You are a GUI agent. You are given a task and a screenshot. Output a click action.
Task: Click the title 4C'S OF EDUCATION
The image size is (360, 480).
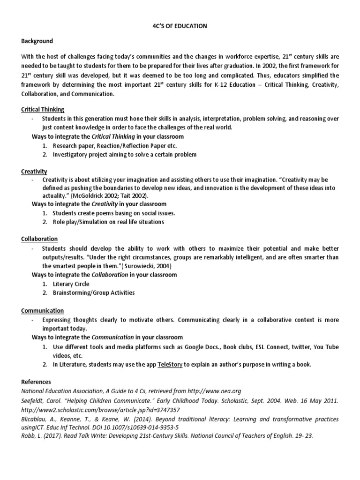180,26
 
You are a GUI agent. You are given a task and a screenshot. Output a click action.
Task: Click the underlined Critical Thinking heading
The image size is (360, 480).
43,109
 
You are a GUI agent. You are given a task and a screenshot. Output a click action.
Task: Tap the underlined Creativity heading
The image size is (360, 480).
34,172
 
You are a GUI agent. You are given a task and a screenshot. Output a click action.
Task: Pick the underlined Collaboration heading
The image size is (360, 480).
39,239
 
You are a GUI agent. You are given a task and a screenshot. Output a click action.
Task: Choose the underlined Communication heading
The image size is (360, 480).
43,310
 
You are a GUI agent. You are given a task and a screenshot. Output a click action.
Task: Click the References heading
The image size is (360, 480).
36,382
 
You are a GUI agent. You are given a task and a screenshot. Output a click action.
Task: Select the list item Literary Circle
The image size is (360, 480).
71,284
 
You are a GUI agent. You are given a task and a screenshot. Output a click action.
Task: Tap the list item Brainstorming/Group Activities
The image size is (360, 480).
93,292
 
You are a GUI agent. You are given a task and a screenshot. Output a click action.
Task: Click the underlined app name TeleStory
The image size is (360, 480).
170,364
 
